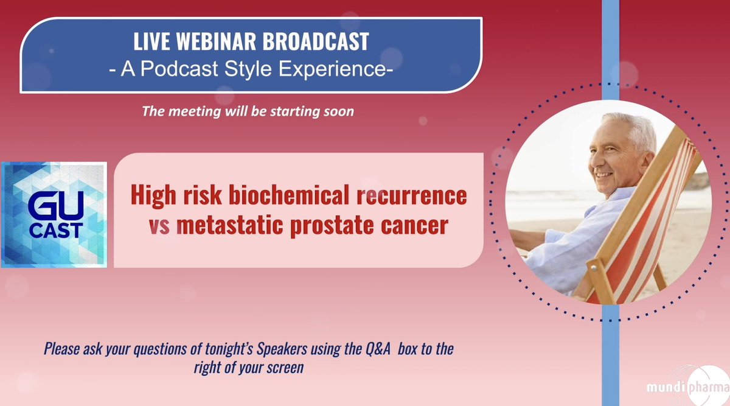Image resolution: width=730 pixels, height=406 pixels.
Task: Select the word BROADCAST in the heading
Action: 316,41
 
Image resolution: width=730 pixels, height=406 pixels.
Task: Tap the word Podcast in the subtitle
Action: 179,69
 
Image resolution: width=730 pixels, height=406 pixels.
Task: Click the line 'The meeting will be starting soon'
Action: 248,111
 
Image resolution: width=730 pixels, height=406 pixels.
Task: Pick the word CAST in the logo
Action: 56,231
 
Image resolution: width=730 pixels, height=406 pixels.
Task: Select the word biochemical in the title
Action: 289,195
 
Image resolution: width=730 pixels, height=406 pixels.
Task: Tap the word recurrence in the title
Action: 412,195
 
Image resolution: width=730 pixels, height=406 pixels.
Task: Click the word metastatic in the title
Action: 229,225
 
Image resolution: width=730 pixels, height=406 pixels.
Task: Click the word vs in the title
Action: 159,226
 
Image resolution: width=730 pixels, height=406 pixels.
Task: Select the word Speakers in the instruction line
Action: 282,349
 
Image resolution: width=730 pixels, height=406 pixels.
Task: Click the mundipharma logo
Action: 688,387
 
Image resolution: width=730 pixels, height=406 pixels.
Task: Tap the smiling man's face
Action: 610,160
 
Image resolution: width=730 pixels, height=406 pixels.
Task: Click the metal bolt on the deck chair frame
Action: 594,268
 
